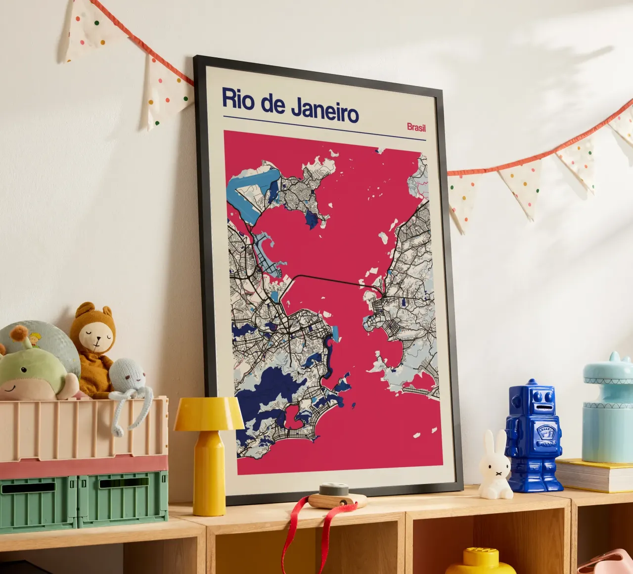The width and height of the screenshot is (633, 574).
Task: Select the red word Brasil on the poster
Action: click(x=416, y=127)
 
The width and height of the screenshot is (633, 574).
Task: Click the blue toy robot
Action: click(x=533, y=435)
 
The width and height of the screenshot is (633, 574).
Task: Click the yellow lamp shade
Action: click(x=208, y=413)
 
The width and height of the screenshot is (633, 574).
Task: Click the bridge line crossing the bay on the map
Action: click(x=326, y=279)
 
